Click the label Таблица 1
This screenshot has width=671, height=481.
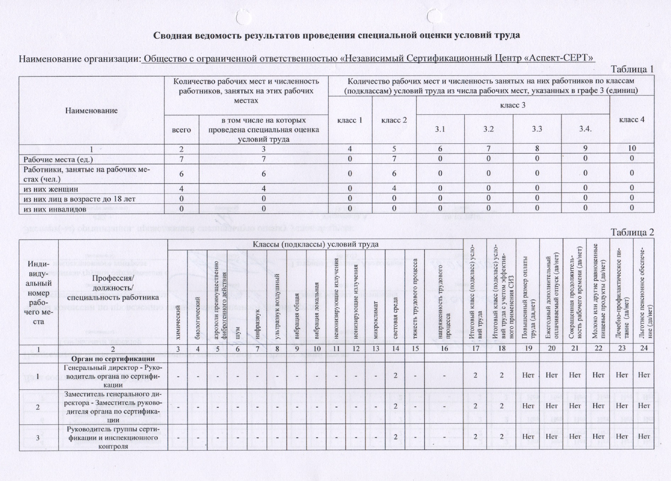(632, 69)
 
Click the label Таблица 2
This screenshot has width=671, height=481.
(632, 232)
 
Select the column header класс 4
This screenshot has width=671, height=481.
(632, 120)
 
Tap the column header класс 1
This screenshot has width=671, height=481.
(350, 120)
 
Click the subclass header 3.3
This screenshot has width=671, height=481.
(537, 129)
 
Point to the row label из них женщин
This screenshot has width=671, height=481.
(50, 189)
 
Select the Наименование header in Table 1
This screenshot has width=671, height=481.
(91, 110)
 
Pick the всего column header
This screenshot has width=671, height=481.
(181, 130)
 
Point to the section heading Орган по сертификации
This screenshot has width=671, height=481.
(113, 359)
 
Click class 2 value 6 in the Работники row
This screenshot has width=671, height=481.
(394, 174)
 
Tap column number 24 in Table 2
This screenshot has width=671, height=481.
(644, 349)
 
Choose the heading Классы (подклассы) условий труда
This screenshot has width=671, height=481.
(315, 244)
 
